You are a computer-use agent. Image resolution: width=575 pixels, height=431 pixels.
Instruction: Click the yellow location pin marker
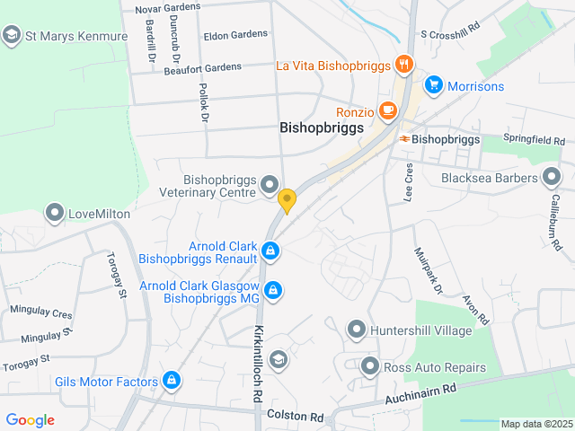pos(287,200)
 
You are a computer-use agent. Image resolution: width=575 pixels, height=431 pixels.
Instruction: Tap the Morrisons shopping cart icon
pos(434,85)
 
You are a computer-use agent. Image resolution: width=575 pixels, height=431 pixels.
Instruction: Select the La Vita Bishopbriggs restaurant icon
pos(404,65)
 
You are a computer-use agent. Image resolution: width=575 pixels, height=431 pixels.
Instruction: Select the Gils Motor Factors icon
pos(171,382)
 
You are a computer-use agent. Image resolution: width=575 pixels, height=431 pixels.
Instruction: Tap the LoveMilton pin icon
pos(56,214)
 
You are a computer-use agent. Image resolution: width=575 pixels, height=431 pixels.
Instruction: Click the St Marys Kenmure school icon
pos(12,36)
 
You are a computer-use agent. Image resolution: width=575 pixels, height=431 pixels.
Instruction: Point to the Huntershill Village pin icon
pos(358,330)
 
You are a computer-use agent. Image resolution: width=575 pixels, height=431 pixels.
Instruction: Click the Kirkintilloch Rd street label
pos(258,364)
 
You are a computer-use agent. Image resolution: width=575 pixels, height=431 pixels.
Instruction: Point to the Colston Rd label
pos(295,417)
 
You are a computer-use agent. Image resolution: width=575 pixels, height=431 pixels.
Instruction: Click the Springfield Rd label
pos(535,141)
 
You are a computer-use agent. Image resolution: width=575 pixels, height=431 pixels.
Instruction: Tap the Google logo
pos(30,419)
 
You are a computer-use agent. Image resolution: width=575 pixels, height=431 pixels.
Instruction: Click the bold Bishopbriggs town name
pos(322,128)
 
